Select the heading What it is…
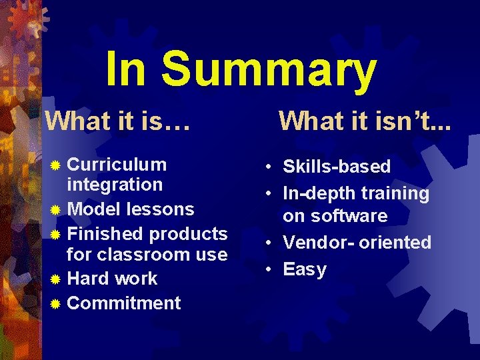point(117,121)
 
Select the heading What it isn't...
point(363,121)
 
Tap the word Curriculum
point(117,165)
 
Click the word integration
point(115,185)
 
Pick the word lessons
point(161,209)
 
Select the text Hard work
point(113,279)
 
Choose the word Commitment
point(124,303)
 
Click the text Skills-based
point(337,167)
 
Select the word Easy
point(305,270)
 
